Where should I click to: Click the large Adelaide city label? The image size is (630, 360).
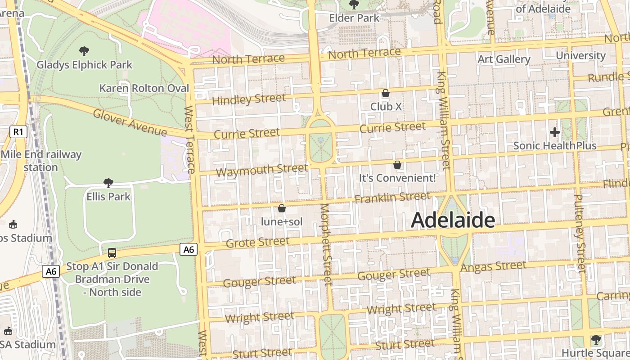tap(453, 220)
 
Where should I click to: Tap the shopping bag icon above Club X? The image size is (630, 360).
tap(386, 94)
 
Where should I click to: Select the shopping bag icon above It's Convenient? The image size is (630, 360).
tap(397, 165)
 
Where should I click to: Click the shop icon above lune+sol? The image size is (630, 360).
tap(282, 208)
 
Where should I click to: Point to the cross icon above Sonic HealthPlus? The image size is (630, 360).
tap(554, 132)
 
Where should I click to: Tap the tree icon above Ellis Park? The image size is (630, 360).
tap(108, 183)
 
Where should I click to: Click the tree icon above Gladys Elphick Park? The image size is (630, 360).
tap(84, 51)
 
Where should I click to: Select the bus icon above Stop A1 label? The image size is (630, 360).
tap(112, 253)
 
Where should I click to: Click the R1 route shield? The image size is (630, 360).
tap(18, 132)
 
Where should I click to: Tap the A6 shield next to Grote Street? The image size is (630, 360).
tap(189, 249)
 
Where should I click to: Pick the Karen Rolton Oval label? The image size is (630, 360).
tap(144, 88)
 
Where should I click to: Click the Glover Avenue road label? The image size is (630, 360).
tap(130, 122)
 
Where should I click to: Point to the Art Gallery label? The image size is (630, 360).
tap(504, 59)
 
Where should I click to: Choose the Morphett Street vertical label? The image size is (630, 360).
tap(326, 244)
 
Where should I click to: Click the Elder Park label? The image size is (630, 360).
tap(355, 18)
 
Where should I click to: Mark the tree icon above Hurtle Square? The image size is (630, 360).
tap(596, 340)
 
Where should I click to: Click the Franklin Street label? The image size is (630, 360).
tap(392, 197)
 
